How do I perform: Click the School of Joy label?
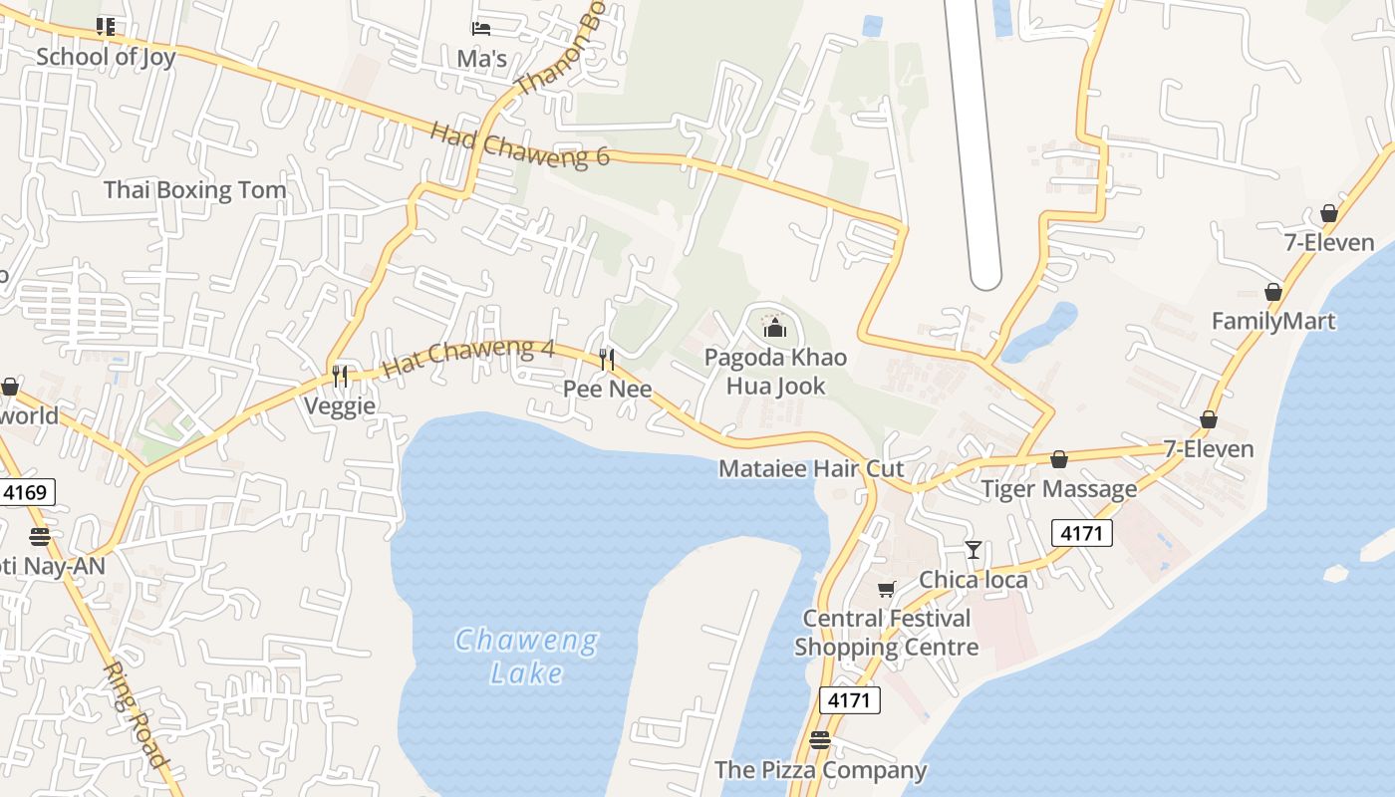tap(106, 57)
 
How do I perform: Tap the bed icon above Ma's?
tap(481, 28)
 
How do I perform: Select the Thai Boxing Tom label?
tap(194, 189)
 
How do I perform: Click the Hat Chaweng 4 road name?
tap(468, 357)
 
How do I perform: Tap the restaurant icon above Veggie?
tap(341, 376)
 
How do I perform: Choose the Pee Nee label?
tap(608, 389)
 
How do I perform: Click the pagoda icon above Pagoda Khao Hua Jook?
tap(774, 327)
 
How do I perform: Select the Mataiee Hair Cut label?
tap(811, 468)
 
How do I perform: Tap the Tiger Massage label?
tap(1059, 489)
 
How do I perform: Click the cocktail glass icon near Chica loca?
tap(974, 549)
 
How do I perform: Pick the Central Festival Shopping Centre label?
tap(886, 633)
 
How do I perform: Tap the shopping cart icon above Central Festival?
tap(886, 590)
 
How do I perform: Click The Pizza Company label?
tap(820, 770)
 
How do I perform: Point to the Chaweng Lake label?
tap(527, 657)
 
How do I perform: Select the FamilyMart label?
tap(1273, 321)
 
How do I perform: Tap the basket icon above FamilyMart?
tap(1272, 292)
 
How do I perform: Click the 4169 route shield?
tap(27, 491)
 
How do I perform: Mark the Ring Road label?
tap(137, 714)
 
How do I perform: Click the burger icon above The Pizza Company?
tap(820, 740)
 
